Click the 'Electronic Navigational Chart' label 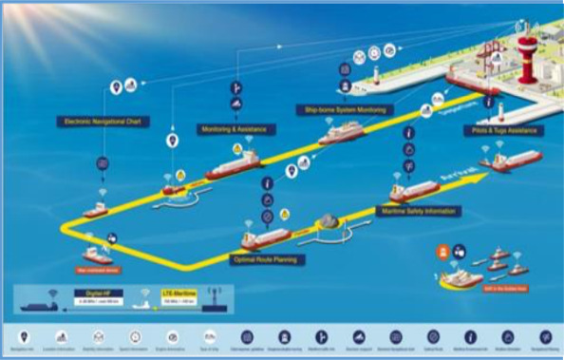(x=103, y=122)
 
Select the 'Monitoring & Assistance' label (x=238, y=128)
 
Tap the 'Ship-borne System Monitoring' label (x=347, y=109)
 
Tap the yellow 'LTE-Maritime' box (x=177, y=297)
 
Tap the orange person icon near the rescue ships (x=442, y=251)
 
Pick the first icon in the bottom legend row (x=24, y=336)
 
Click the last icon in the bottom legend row (x=545, y=336)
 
